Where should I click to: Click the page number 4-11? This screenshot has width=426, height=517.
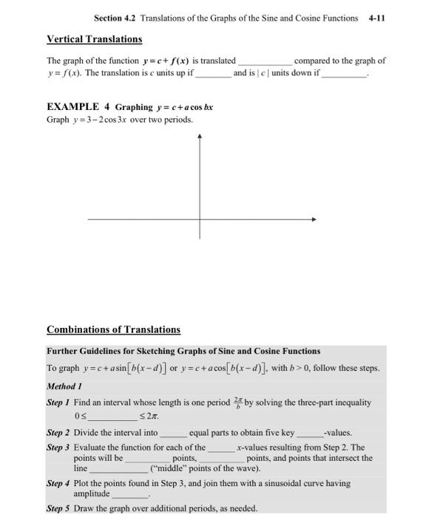click(x=376, y=18)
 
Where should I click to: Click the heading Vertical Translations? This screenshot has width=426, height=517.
click(x=94, y=38)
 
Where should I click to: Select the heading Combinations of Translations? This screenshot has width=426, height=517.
click(x=113, y=329)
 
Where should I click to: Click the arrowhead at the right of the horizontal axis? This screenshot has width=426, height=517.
click(x=314, y=219)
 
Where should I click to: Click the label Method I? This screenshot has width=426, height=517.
click(x=65, y=386)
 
